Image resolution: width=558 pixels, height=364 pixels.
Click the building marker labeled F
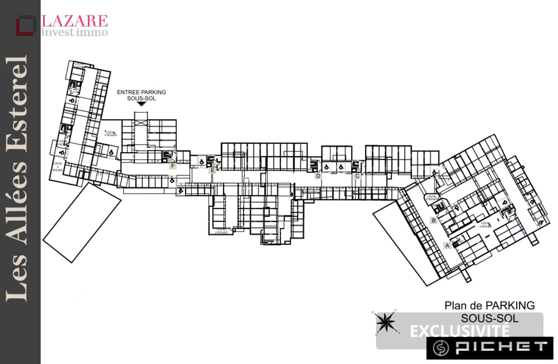pyautogui.click(x=173, y=166)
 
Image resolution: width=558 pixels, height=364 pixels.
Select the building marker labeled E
pyautogui.click(x=213, y=170)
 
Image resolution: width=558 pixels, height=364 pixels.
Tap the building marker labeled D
pyautogui.click(x=318, y=176)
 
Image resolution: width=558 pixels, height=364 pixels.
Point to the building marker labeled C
pyautogui.click(x=357, y=176)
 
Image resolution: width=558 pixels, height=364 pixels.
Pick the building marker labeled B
pyautogui.click(x=434, y=221)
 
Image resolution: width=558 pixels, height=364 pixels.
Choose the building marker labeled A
pyautogui.click(x=447, y=246)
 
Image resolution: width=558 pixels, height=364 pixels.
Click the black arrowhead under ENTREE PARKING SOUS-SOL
pyautogui.click(x=141, y=104)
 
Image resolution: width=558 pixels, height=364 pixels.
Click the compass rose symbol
pyautogui.click(x=385, y=322)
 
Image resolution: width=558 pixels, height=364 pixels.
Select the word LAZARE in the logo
pyautogui.click(x=75, y=21)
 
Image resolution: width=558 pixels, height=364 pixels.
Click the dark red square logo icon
pyautogui.click(x=25, y=25)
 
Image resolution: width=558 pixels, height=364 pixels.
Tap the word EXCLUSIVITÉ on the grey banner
pyautogui.click(x=460, y=331)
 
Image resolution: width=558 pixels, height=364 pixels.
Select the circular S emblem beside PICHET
pyautogui.click(x=441, y=348)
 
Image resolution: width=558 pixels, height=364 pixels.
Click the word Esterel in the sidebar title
pyautogui.click(x=17, y=104)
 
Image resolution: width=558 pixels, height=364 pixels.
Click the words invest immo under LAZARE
pyautogui.click(x=75, y=32)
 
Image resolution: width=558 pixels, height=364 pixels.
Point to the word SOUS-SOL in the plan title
pyautogui.click(x=490, y=318)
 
